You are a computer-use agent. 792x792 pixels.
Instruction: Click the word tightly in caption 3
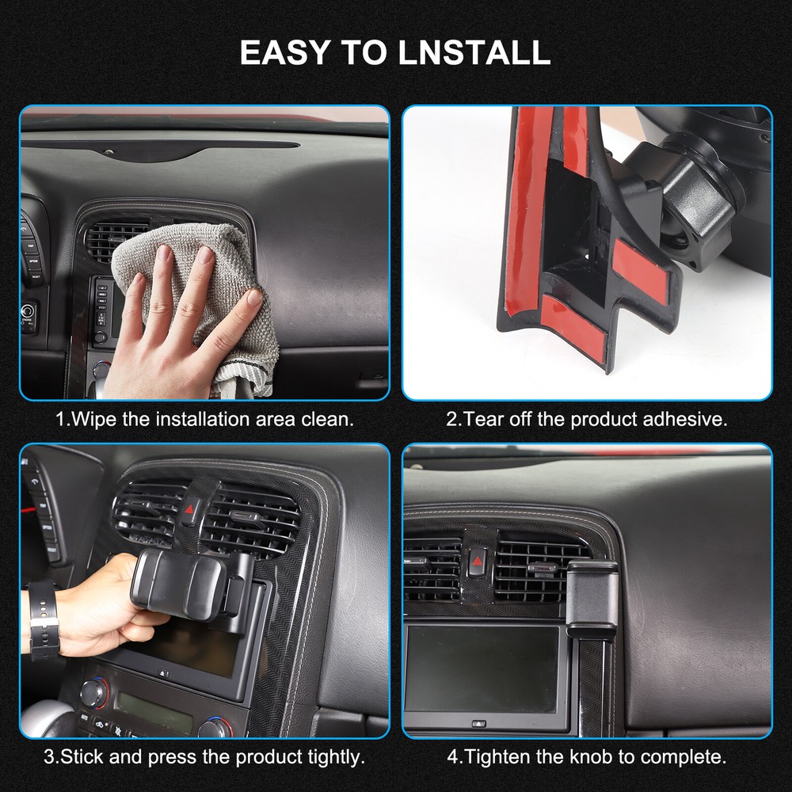326,756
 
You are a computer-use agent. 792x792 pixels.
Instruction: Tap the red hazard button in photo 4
477,565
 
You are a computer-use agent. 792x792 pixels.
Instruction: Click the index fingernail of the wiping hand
164,253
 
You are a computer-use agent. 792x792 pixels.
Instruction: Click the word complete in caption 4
685,756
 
